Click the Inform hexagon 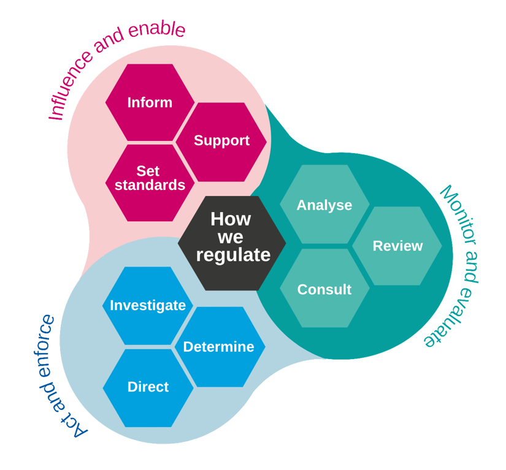point(150,102)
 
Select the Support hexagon point(221,141)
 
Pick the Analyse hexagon point(324,205)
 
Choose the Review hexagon point(397,246)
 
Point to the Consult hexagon point(324,289)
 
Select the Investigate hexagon point(148,305)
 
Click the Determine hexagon point(219,347)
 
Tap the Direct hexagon point(148,387)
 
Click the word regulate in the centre point(233,256)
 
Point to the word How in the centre point(231,219)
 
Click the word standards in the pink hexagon point(150,185)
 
